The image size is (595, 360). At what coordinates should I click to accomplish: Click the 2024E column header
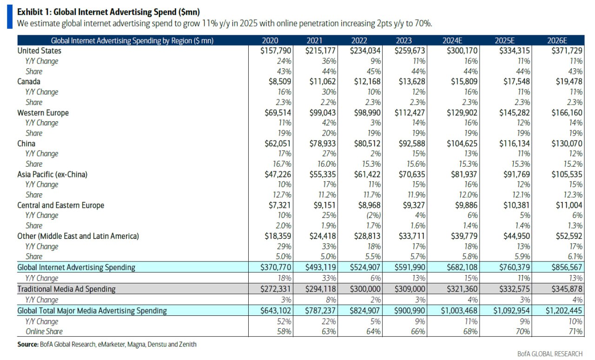(452, 40)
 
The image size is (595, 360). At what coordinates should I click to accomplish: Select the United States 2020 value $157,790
(276, 51)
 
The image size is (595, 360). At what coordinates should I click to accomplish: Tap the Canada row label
(29, 81)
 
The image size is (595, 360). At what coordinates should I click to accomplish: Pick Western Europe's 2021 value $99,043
(323, 112)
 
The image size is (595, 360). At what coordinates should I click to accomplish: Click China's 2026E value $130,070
(567, 144)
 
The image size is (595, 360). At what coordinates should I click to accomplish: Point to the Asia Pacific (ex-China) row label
(53, 174)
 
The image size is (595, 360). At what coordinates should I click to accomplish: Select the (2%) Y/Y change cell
(373, 216)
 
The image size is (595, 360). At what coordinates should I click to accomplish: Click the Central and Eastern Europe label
(60, 205)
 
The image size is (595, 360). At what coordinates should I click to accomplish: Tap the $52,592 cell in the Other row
(569, 236)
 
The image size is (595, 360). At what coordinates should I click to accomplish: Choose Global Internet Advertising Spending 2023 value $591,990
(410, 267)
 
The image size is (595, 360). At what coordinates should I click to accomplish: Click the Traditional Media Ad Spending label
(66, 289)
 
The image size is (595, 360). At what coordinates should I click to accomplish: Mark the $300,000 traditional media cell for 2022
(365, 289)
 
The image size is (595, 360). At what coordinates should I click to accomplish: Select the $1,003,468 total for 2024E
(459, 311)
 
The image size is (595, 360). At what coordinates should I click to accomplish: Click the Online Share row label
(44, 332)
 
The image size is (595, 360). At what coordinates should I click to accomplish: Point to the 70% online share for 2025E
(523, 332)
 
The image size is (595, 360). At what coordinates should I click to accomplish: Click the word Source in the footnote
(28, 344)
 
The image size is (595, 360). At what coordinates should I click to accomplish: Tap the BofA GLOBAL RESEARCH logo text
(550, 354)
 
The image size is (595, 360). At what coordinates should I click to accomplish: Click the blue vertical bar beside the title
(10, 16)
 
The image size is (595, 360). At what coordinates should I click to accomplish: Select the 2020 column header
(270, 40)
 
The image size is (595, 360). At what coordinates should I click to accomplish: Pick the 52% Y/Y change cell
(284, 321)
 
